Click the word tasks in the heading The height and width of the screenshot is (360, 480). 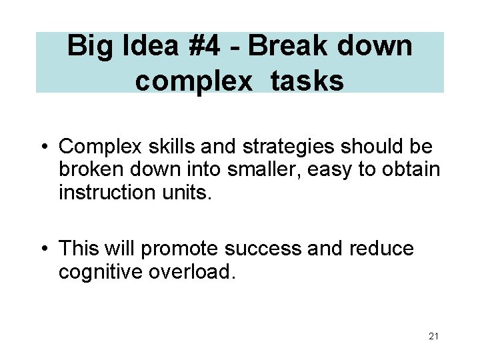[307, 81]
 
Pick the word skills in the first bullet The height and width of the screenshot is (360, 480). [162, 146]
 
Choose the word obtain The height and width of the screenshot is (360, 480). [412, 169]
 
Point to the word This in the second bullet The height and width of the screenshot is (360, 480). [78, 249]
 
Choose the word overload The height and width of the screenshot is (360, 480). [193, 272]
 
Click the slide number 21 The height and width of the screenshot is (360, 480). [433, 336]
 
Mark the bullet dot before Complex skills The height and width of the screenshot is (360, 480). [44, 147]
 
